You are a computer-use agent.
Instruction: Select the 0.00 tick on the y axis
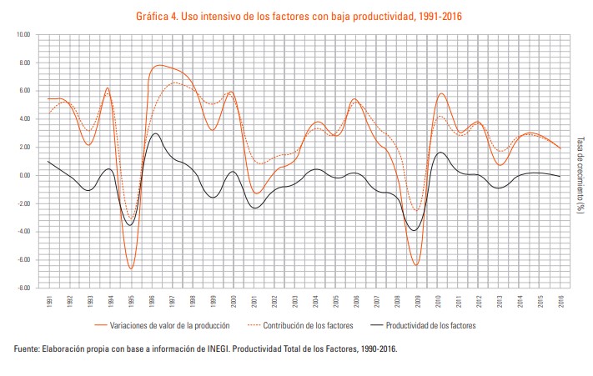(23, 175)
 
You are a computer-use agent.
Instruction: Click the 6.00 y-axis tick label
(23, 91)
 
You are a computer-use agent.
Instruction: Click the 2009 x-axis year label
(416, 299)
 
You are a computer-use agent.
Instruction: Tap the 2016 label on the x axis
(560, 299)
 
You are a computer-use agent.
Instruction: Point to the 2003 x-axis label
(294, 299)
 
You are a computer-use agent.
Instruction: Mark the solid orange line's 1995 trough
(131, 268)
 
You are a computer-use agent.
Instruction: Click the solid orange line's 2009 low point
(415, 265)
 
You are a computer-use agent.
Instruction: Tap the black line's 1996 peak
(155, 133)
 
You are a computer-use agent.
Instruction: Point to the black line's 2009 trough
(414, 230)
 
